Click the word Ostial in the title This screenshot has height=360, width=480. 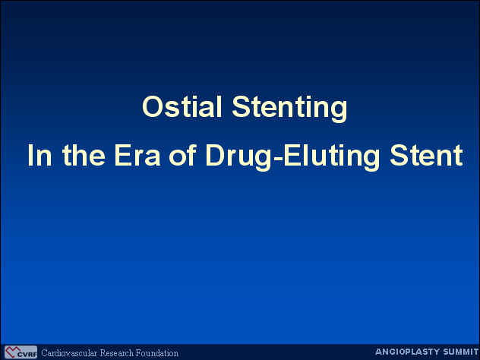click(182, 106)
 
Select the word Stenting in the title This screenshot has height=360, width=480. click(289, 109)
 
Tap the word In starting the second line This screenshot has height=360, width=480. click(39, 155)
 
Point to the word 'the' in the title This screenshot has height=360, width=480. click(84, 155)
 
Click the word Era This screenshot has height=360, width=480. click(137, 155)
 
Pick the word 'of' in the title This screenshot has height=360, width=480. click(182, 155)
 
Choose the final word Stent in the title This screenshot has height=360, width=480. click(426, 155)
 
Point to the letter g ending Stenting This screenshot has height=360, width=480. click(339, 112)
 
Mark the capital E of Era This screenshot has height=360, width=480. click(122, 155)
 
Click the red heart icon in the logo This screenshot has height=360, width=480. click(11, 352)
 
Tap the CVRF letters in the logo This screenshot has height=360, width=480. click(27, 355)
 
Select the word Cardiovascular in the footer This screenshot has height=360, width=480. click(69, 353)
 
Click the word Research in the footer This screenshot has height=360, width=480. click(116, 353)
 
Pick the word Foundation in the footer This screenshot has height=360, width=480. click(157, 353)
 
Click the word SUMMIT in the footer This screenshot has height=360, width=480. click(456, 352)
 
